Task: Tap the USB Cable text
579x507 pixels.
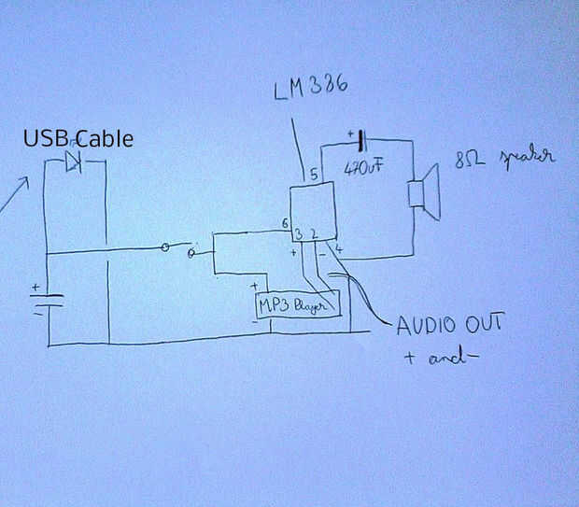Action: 78,139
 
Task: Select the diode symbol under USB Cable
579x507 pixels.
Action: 74,162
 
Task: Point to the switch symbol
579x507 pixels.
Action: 179,249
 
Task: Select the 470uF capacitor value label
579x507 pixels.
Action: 363,170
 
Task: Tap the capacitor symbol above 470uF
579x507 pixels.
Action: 360,143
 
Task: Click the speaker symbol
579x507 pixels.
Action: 424,192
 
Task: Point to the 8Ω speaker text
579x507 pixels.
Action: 503,159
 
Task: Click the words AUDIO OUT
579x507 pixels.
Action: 450,326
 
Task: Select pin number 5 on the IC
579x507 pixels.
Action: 314,174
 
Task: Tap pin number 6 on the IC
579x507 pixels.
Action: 284,223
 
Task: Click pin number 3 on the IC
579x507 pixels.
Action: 298,233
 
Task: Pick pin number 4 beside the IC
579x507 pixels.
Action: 338,249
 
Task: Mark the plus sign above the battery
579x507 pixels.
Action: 35,288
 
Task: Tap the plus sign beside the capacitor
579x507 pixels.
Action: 351,134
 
